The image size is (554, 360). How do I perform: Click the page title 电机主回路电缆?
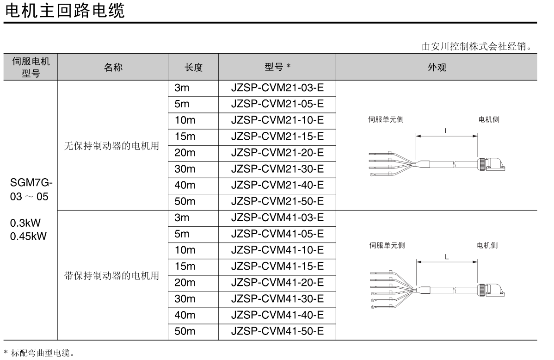pos(64,10)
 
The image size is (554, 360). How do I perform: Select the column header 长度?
pos(193,67)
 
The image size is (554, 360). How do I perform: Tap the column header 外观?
pos(437,67)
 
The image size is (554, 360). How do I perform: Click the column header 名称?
pos(113,67)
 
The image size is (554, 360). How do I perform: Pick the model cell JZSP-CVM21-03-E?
pos(277,88)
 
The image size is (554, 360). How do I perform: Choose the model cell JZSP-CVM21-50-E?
pos(277,202)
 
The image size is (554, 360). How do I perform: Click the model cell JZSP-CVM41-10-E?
pos(277,250)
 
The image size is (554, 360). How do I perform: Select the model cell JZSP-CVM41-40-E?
pos(277,315)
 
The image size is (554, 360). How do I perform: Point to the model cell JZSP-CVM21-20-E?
pos(277,153)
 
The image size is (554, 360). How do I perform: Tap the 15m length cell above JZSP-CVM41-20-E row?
pos(185,267)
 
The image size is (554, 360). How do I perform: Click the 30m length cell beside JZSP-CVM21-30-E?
pos(185,169)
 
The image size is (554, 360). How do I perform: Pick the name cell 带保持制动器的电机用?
pos(111,276)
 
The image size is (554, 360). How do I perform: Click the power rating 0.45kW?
pos(28,236)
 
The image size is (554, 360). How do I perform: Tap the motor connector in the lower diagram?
pos(490,290)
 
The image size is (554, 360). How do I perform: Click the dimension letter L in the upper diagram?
pos(446,131)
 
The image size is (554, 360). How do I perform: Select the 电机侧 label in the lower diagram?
pos(487,246)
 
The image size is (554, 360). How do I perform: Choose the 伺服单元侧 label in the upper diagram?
pos(386,119)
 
